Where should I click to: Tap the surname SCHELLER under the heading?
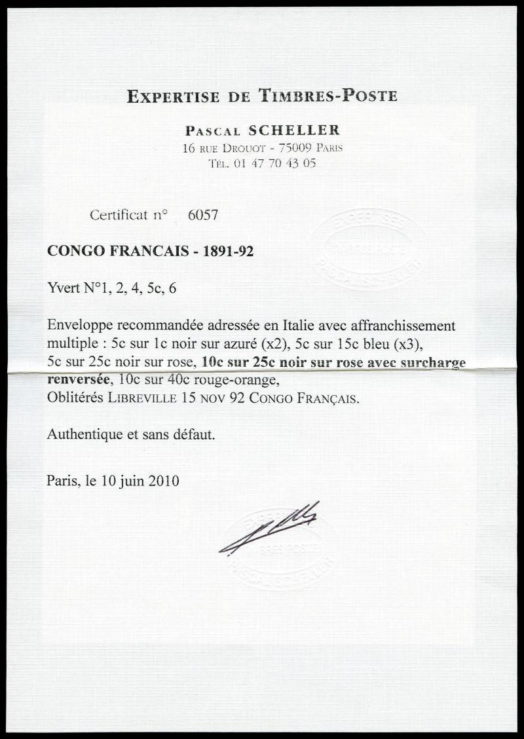297,131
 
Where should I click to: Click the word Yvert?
62,288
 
